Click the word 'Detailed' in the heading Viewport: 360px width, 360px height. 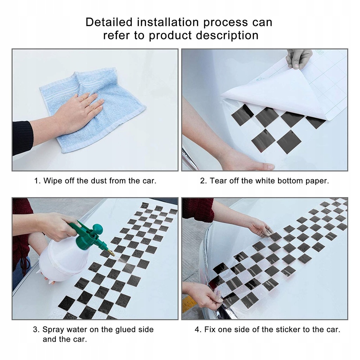click(x=109, y=22)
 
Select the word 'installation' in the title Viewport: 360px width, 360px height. click(x=168, y=22)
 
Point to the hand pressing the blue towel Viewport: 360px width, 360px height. click(x=76, y=112)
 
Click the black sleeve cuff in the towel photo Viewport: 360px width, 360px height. click(x=22, y=138)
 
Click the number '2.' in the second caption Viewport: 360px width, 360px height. click(x=204, y=181)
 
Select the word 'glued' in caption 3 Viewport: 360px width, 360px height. click(x=126, y=330)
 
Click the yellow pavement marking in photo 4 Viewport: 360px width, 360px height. click(x=189, y=303)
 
